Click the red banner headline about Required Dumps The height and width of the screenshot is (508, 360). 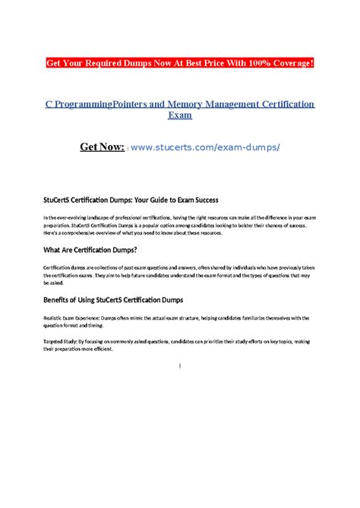click(180, 62)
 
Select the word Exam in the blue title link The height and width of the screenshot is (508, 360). click(179, 117)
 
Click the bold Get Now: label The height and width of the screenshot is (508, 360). click(102, 146)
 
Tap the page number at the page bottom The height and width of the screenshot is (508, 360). click(179, 366)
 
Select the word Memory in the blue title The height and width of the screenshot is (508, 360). click(175, 104)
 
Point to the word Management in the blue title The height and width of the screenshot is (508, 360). click(223, 104)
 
